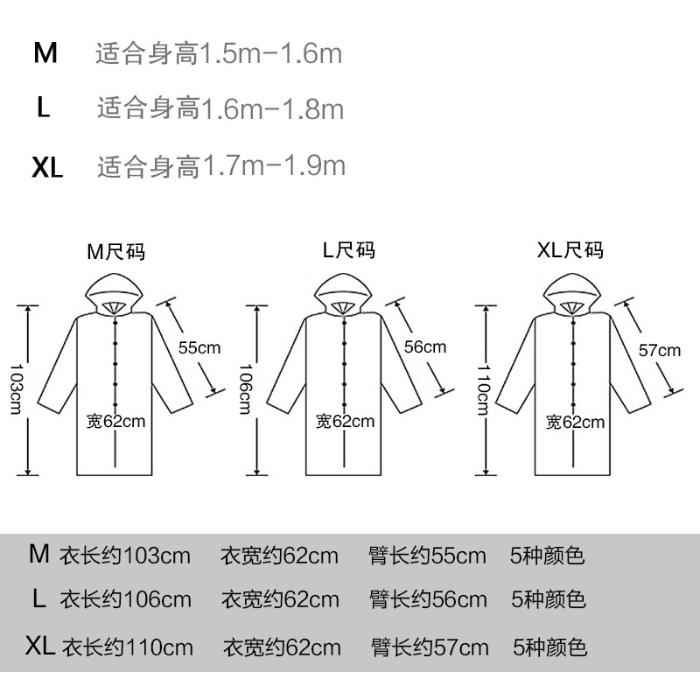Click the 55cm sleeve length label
(x=199, y=346)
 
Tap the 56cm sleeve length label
(x=425, y=346)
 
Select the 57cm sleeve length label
(x=659, y=351)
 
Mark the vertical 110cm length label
(x=481, y=390)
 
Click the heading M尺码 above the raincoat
(x=115, y=253)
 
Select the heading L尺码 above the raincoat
(x=348, y=251)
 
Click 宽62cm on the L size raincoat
(x=346, y=422)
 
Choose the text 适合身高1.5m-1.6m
(x=218, y=55)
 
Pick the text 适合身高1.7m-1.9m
(x=220, y=165)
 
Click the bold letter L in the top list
(x=45, y=109)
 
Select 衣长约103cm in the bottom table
(x=124, y=556)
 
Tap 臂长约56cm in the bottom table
(x=429, y=600)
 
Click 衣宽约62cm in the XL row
(x=282, y=648)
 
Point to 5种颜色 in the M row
(x=547, y=556)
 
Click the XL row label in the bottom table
(x=40, y=647)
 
